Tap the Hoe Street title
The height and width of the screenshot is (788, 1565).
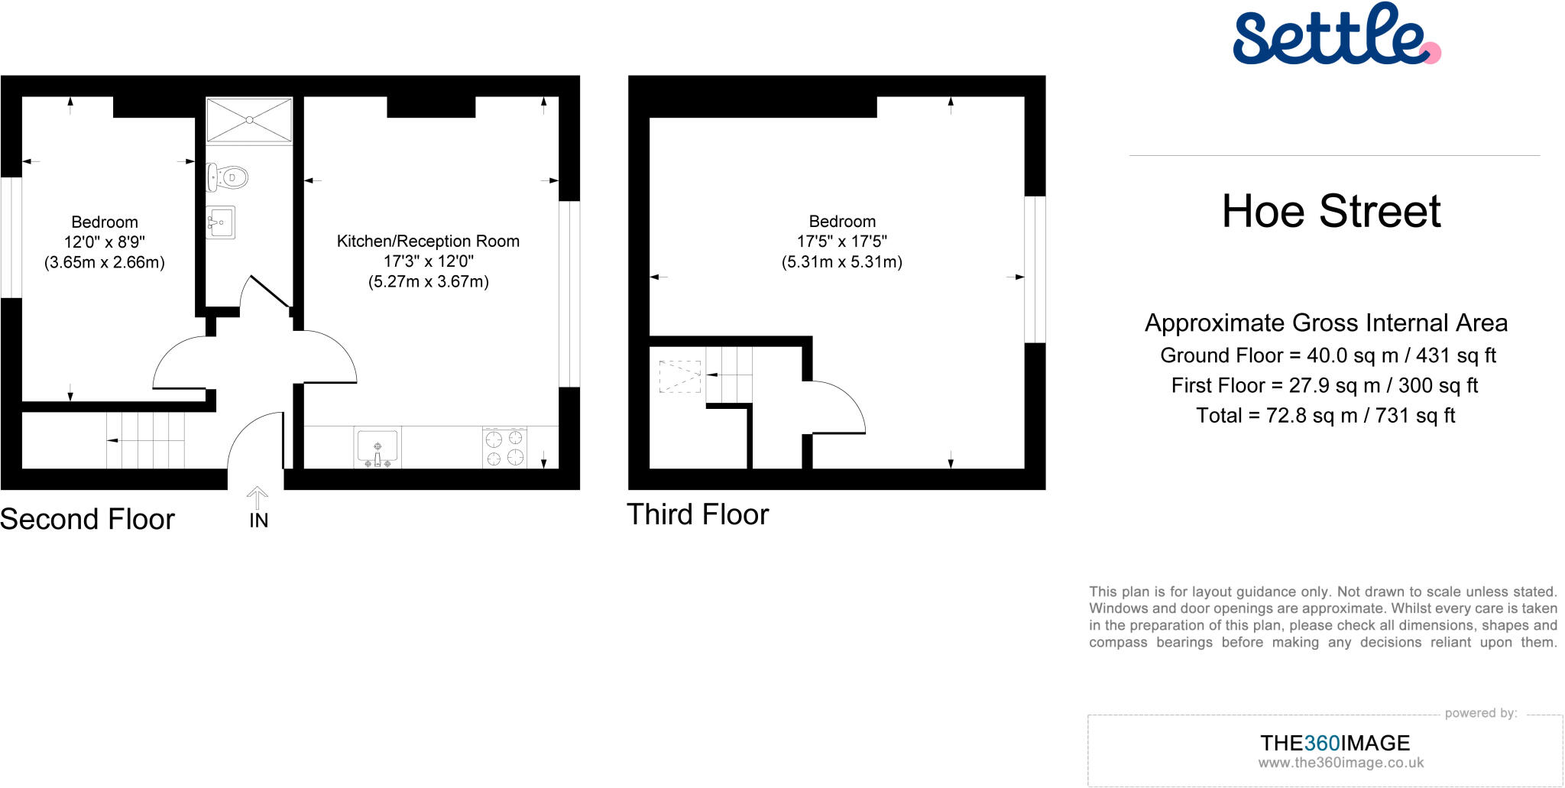click(x=1331, y=211)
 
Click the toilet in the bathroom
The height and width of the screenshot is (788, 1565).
click(x=228, y=177)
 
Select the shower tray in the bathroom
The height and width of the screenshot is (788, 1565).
click(x=249, y=120)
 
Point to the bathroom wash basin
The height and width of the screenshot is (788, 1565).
click(x=220, y=222)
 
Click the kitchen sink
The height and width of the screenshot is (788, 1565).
click(x=377, y=447)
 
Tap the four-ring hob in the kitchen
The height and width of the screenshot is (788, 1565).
click(x=504, y=448)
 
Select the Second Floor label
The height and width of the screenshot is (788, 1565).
click(x=87, y=519)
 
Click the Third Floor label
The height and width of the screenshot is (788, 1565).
click(x=697, y=514)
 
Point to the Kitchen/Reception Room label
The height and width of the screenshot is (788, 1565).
click(x=428, y=242)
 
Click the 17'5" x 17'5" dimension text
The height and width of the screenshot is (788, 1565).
click(x=841, y=242)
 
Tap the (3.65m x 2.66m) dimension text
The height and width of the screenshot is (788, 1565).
click(x=105, y=263)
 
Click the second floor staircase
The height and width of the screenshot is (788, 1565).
click(x=145, y=440)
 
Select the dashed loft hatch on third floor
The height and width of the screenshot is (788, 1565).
click(x=679, y=377)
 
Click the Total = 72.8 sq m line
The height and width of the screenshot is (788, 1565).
click(x=1325, y=416)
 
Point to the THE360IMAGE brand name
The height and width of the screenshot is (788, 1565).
click(x=1334, y=742)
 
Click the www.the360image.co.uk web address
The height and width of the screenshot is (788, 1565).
click(x=1340, y=763)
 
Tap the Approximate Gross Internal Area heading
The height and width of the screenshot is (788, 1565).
click(x=1326, y=323)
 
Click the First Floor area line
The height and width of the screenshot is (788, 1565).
click(x=1324, y=385)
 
